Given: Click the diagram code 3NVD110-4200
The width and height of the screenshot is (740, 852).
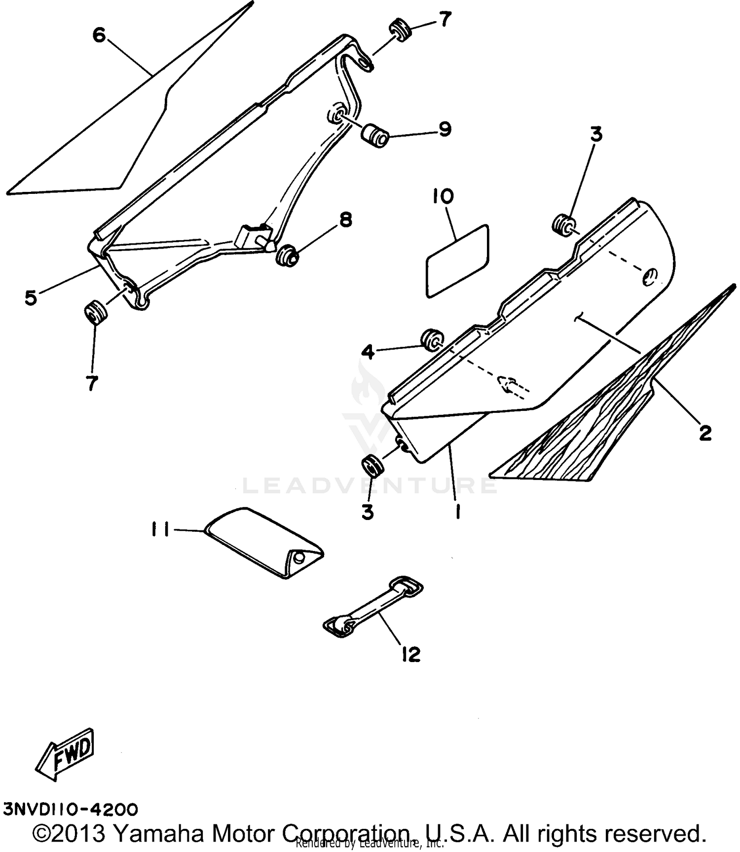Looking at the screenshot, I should [71, 809].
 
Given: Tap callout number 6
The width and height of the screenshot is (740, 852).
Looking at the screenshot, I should [99, 35].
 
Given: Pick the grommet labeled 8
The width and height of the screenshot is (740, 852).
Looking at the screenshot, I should [287, 255].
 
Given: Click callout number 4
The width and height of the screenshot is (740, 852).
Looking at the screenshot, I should [369, 352].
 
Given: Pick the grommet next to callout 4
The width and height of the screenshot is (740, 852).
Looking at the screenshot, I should [432, 340].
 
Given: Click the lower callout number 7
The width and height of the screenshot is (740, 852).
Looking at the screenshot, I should [92, 383].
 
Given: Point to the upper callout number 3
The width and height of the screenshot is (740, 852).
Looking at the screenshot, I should [596, 135].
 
